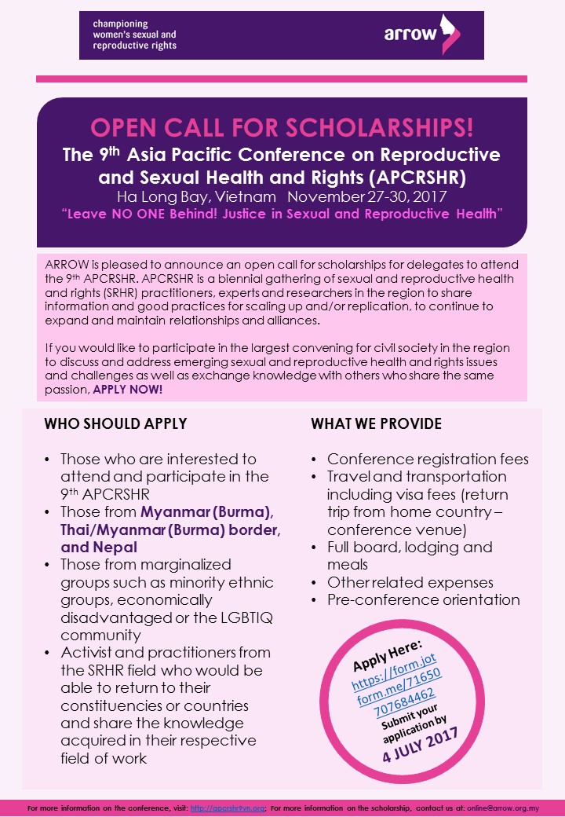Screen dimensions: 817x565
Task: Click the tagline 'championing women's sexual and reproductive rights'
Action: pos(135,35)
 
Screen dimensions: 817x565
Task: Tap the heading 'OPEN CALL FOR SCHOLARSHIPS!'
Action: pos(281,127)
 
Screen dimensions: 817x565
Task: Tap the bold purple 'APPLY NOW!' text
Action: pos(128,389)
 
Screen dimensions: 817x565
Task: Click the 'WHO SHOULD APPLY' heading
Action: pos(115,424)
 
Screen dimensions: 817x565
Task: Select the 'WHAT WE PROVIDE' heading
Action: pos(377,424)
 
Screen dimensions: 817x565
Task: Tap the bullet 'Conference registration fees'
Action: pos(428,460)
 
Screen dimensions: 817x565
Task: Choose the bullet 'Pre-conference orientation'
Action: pos(424,599)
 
